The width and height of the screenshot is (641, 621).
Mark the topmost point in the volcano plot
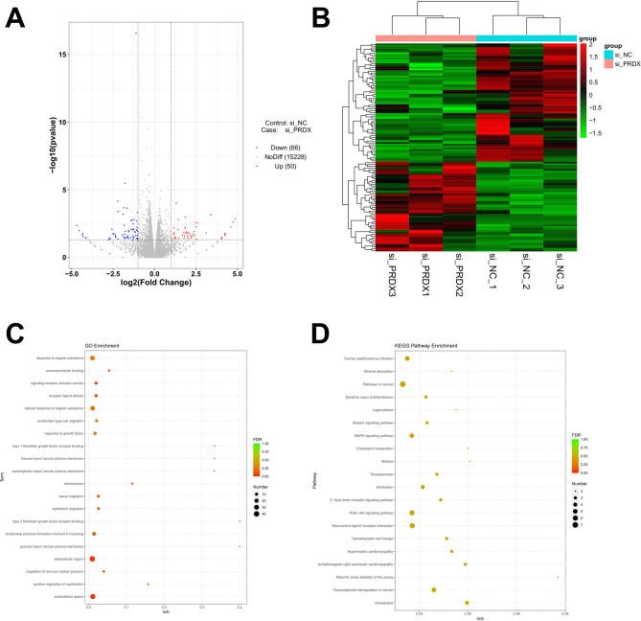tap(136, 34)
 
